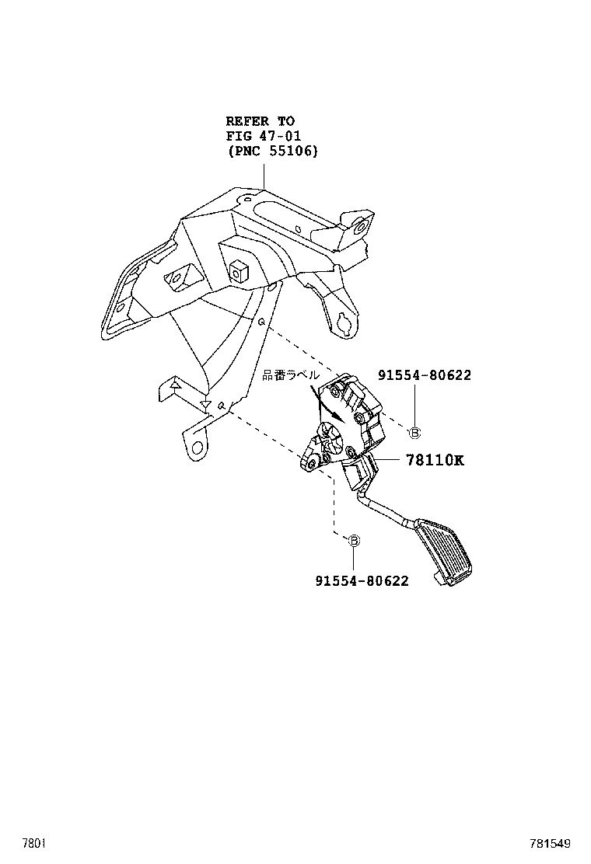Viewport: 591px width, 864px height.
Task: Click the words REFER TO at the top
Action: tap(260, 121)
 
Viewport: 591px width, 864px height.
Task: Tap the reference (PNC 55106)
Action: tap(272, 152)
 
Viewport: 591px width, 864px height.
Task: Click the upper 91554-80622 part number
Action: tap(425, 375)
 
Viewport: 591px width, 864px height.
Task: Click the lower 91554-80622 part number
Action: tap(362, 580)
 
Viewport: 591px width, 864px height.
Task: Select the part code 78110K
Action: tap(434, 460)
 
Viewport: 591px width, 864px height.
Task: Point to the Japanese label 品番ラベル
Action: tap(290, 375)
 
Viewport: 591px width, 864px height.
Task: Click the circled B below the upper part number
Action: tap(414, 433)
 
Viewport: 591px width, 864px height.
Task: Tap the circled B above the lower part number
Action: tap(353, 540)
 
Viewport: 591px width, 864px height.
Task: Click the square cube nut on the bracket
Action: tap(237, 269)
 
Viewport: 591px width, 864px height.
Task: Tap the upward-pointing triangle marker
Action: tap(176, 384)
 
